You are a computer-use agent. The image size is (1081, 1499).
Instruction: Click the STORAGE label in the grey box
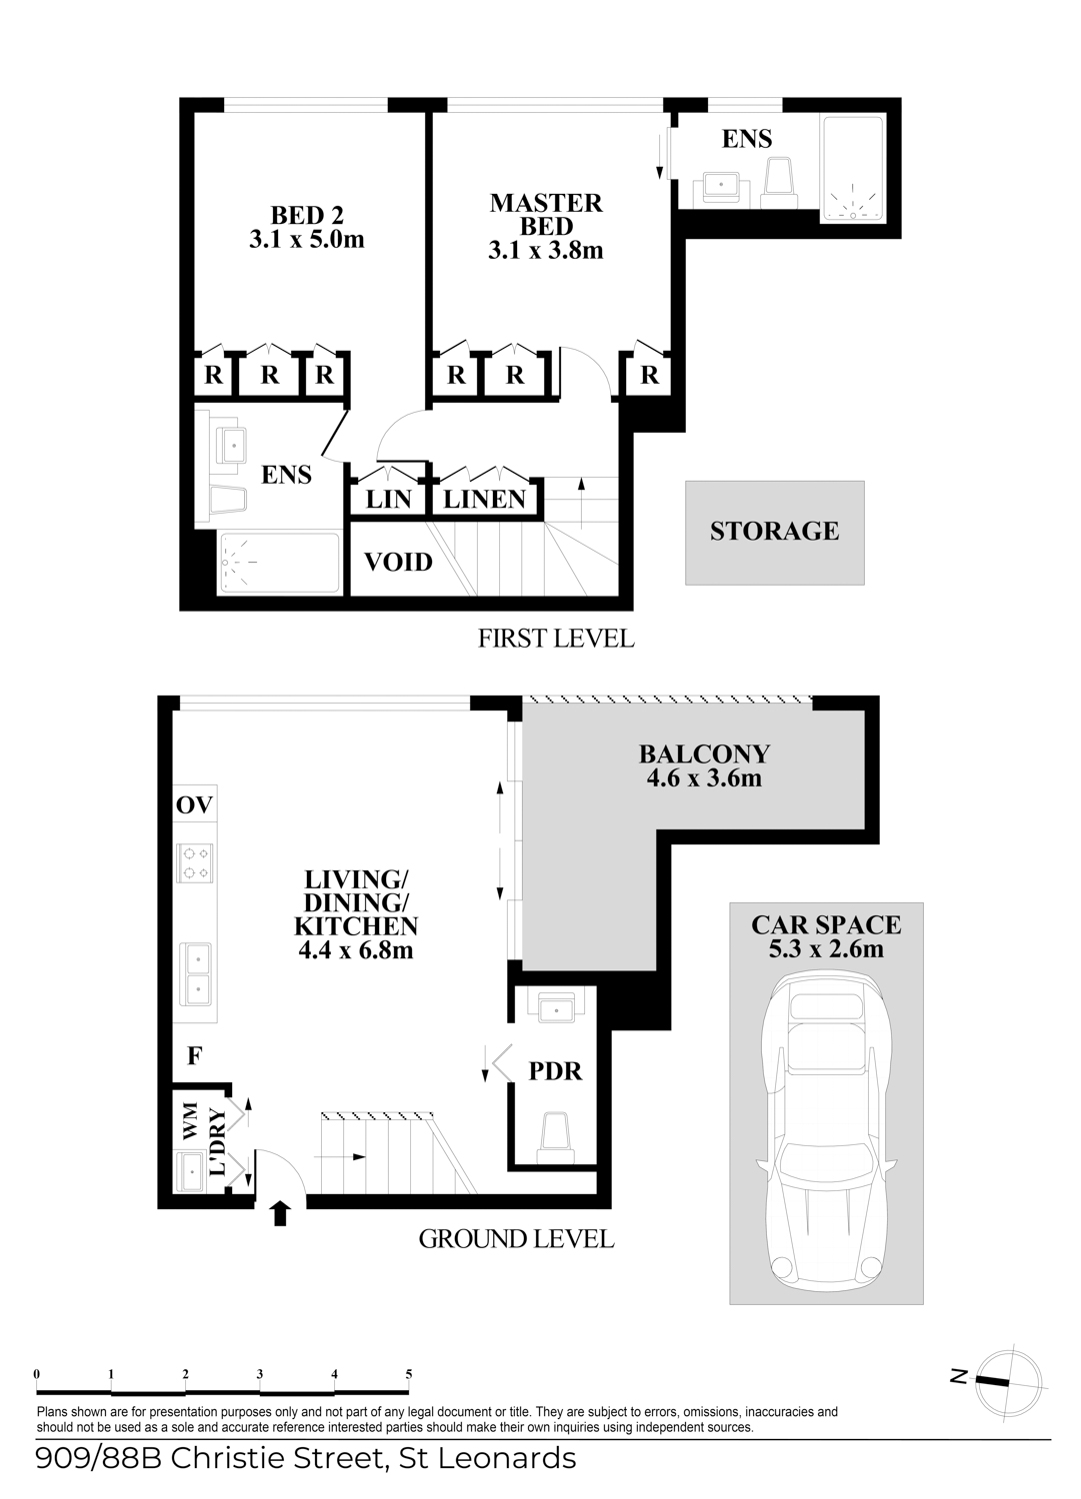point(774,531)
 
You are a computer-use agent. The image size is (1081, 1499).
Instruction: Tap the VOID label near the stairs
point(398,562)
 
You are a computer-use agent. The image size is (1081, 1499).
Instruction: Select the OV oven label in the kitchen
point(194,805)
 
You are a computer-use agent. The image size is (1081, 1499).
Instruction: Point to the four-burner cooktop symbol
point(195,862)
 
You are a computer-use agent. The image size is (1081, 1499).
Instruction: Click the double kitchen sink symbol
point(195,974)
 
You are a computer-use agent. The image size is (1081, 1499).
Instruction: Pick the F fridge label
point(194,1055)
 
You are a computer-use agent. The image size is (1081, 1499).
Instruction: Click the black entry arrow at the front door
point(280,1213)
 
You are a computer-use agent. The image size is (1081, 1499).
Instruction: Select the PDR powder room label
point(555,1070)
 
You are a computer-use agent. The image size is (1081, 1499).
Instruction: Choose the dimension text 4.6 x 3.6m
point(704,778)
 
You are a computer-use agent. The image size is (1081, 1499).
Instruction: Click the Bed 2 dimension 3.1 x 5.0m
point(307,240)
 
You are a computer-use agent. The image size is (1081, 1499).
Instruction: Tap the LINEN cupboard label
point(484,500)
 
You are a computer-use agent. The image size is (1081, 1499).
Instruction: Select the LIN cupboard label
point(388,500)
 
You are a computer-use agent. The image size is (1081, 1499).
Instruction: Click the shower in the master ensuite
point(853,170)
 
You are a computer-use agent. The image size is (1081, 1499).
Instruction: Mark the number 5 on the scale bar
point(409,1374)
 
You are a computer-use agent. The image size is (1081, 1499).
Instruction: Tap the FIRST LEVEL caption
point(556,639)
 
